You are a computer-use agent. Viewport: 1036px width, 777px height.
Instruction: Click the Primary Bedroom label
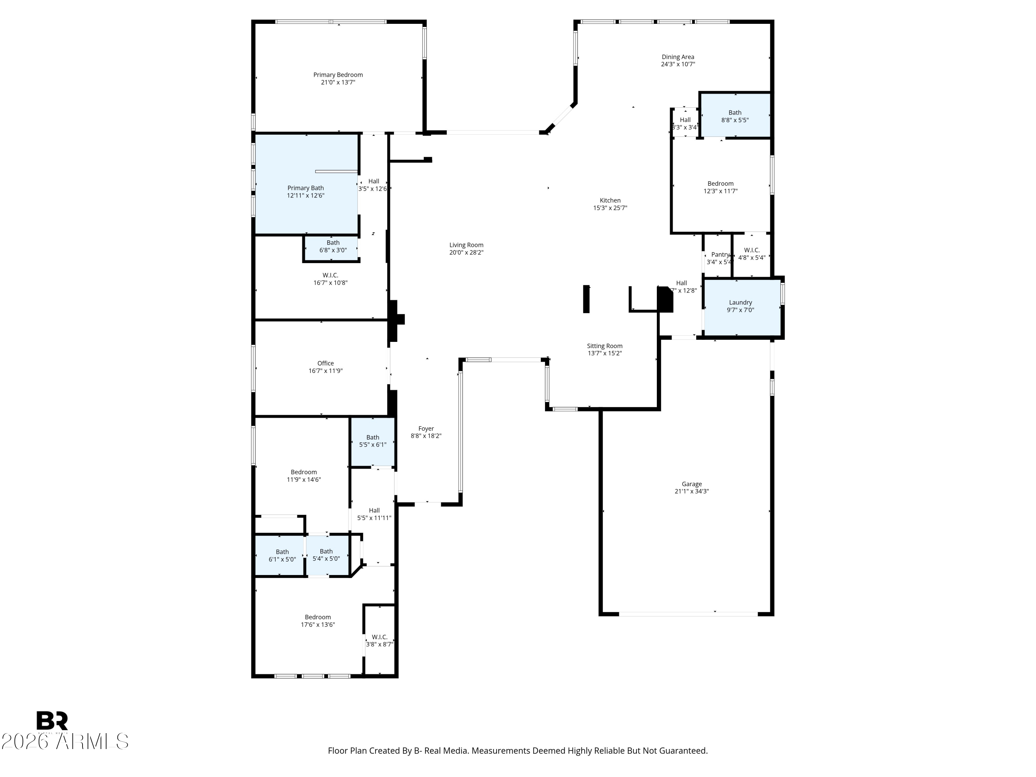(x=338, y=75)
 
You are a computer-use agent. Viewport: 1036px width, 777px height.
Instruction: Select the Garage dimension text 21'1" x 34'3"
(x=691, y=491)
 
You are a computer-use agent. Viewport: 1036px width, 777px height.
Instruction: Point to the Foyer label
(x=426, y=429)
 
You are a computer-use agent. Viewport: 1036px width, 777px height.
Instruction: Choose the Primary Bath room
(x=305, y=192)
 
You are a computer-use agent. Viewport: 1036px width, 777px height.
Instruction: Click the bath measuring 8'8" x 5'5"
(x=735, y=116)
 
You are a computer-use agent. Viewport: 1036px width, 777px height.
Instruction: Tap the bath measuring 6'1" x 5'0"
(x=282, y=555)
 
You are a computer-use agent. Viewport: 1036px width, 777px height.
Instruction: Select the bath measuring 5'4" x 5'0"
(x=326, y=555)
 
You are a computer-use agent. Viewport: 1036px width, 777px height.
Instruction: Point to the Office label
(x=326, y=363)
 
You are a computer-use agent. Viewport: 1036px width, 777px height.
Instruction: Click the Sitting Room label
(x=605, y=346)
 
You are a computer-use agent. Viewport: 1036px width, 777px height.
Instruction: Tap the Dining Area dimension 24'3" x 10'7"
(x=678, y=65)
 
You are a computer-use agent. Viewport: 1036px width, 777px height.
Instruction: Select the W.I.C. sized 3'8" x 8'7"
(x=380, y=641)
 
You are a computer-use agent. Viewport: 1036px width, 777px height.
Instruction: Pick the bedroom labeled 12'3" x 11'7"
(x=720, y=187)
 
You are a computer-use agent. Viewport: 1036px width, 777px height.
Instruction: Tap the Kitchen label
(x=610, y=200)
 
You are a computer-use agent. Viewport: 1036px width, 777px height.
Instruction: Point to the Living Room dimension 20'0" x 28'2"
(x=466, y=252)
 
